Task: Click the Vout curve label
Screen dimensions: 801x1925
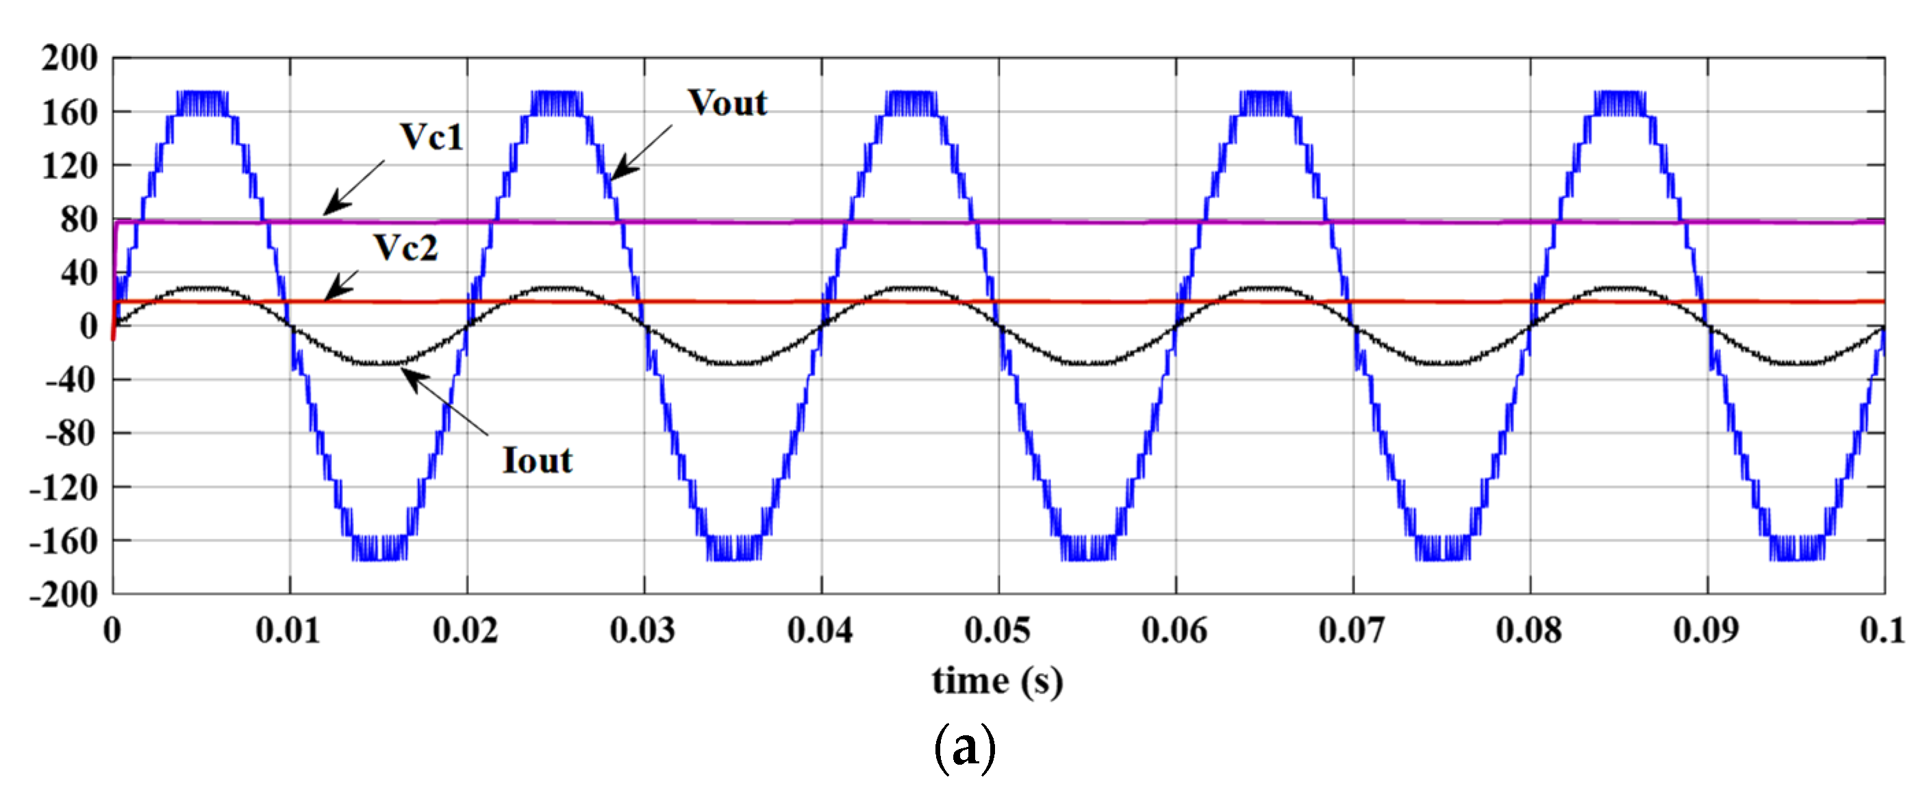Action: pyautogui.click(x=727, y=103)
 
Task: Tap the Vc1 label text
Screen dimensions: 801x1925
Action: pyautogui.click(x=432, y=137)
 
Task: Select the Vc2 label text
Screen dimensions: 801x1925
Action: pyautogui.click(x=406, y=247)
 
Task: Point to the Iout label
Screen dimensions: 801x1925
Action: pyautogui.click(x=538, y=460)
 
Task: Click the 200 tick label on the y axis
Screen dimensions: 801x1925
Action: pyautogui.click(x=69, y=58)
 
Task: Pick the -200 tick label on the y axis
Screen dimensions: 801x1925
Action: pyautogui.click(x=64, y=596)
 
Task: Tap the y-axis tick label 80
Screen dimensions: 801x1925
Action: pyautogui.click(x=79, y=220)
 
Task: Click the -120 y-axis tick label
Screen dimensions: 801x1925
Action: pyautogui.click(x=64, y=488)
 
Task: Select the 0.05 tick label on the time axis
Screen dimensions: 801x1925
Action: pyautogui.click(x=998, y=631)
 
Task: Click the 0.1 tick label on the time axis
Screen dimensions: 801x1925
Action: pyautogui.click(x=1882, y=631)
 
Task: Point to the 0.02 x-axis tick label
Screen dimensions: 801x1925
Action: pyautogui.click(x=466, y=631)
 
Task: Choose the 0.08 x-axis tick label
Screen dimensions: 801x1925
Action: pyautogui.click(x=1529, y=631)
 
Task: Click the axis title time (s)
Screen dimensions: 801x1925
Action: pyautogui.click(x=997, y=681)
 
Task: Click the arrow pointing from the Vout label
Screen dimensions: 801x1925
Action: pyautogui.click(x=641, y=153)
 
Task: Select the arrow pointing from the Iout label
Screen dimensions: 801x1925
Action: pyautogui.click(x=445, y=402)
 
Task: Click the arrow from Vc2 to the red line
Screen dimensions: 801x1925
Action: pyautogui.click(x=342, y=285)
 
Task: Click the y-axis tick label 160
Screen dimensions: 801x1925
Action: pyautogui.click(x=69, y=113)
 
